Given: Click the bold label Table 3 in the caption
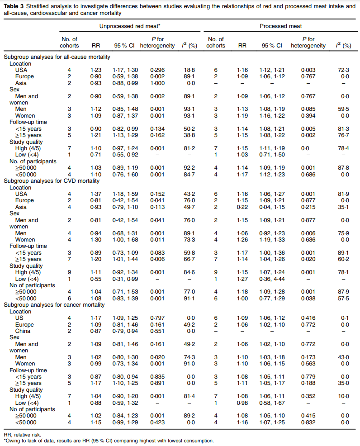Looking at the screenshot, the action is (x=14, y=6).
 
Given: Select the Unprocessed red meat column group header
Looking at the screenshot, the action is (x=130, y=26).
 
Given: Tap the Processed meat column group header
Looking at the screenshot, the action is (x=281, y=26).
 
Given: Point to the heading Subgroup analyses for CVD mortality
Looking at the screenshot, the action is (x=52, y=181).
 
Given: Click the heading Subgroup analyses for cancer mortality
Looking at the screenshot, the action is (x=54, y=305).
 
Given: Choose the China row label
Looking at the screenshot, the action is (x=23, y=331).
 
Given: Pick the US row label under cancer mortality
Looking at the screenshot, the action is (x=19, y=318).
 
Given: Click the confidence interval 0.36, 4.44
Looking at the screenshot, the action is (x=272, y=279).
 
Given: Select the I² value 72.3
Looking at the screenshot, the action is (x=343, y=70).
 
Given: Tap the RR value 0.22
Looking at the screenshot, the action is (x=242, y=207).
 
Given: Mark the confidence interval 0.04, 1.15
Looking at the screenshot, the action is (x=272, y=207).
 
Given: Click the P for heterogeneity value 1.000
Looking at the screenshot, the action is (x=157, y=83).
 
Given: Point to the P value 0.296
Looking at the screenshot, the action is (x=157, y=70).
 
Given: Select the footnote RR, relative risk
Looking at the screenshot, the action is (x=23, y=435).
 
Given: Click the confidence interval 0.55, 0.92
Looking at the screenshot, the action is (x=125, y=155).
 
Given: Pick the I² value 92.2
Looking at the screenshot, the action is (x=189, y=168).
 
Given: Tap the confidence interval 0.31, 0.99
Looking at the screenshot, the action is (x=125, y=279).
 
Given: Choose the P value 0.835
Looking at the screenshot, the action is (x=157, y=377).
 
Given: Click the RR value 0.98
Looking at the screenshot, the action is (x=242, y=403).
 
